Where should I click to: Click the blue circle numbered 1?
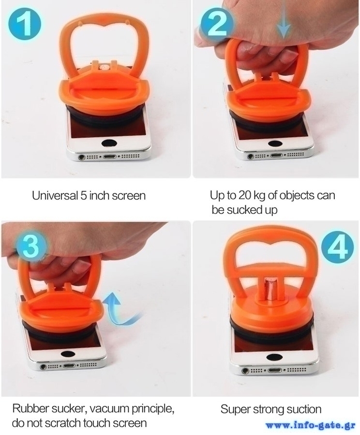[25, 24]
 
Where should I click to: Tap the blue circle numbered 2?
[218, 24]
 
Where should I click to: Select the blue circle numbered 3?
[30, 246]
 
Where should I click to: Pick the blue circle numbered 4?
[338, 246]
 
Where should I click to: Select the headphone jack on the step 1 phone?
[81, 157]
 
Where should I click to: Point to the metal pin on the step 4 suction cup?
[270, 290]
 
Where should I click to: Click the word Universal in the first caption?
[55, 195]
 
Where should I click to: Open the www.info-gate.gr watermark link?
[310, 425]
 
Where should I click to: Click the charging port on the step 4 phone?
[275, 370]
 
